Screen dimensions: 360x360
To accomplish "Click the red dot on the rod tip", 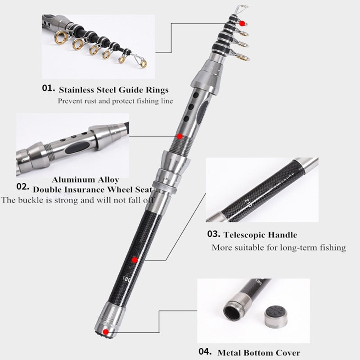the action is coord(242,23).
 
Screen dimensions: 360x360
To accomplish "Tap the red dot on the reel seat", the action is coord(180,136).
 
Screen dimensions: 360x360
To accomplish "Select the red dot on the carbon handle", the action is coord(135,260).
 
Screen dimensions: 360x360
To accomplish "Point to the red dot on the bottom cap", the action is coord(106,332).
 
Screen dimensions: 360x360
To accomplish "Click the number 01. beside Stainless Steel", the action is coord(49,88).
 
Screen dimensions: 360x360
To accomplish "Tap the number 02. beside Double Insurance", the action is coord(23,187).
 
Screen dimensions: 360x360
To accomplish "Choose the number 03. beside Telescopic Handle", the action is coord(214,234).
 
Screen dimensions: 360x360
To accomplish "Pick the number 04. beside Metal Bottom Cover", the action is coord(205,351).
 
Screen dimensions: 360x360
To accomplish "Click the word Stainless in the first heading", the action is coord(76,90).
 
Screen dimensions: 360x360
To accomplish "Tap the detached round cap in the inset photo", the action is coord(275,316).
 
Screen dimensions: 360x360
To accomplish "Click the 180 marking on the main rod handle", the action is coord(126,279).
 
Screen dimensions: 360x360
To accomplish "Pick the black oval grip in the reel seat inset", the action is coord(77,147).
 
